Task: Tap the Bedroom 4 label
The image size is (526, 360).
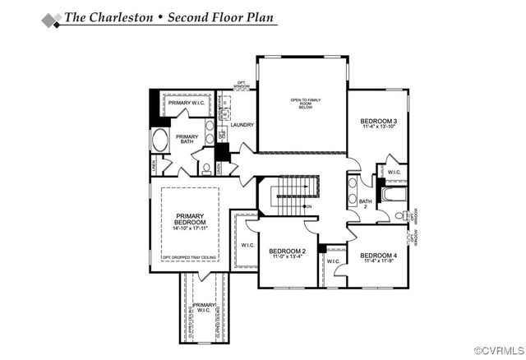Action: click(x=379, y=256)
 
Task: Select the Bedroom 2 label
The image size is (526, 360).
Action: click(x=288, y=251)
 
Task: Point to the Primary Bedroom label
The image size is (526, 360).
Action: click(x=190, y=219)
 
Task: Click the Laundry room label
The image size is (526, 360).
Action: click(x=242, y=125)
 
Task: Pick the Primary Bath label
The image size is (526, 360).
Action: click(x=187, y=140)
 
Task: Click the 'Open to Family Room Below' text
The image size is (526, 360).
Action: click(x=305, y=104)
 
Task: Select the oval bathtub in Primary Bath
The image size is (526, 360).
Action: click(x=159, y=139)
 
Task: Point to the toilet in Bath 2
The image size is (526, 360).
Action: click(x=399, y=215)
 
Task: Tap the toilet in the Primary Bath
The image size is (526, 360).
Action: click(x=206, y=170)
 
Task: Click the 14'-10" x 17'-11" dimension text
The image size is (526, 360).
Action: click(x=190, y=228)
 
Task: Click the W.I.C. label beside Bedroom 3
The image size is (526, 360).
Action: click(x=394, y=173)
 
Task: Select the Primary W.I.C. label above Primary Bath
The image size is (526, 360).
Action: click(x=185, y=103)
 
